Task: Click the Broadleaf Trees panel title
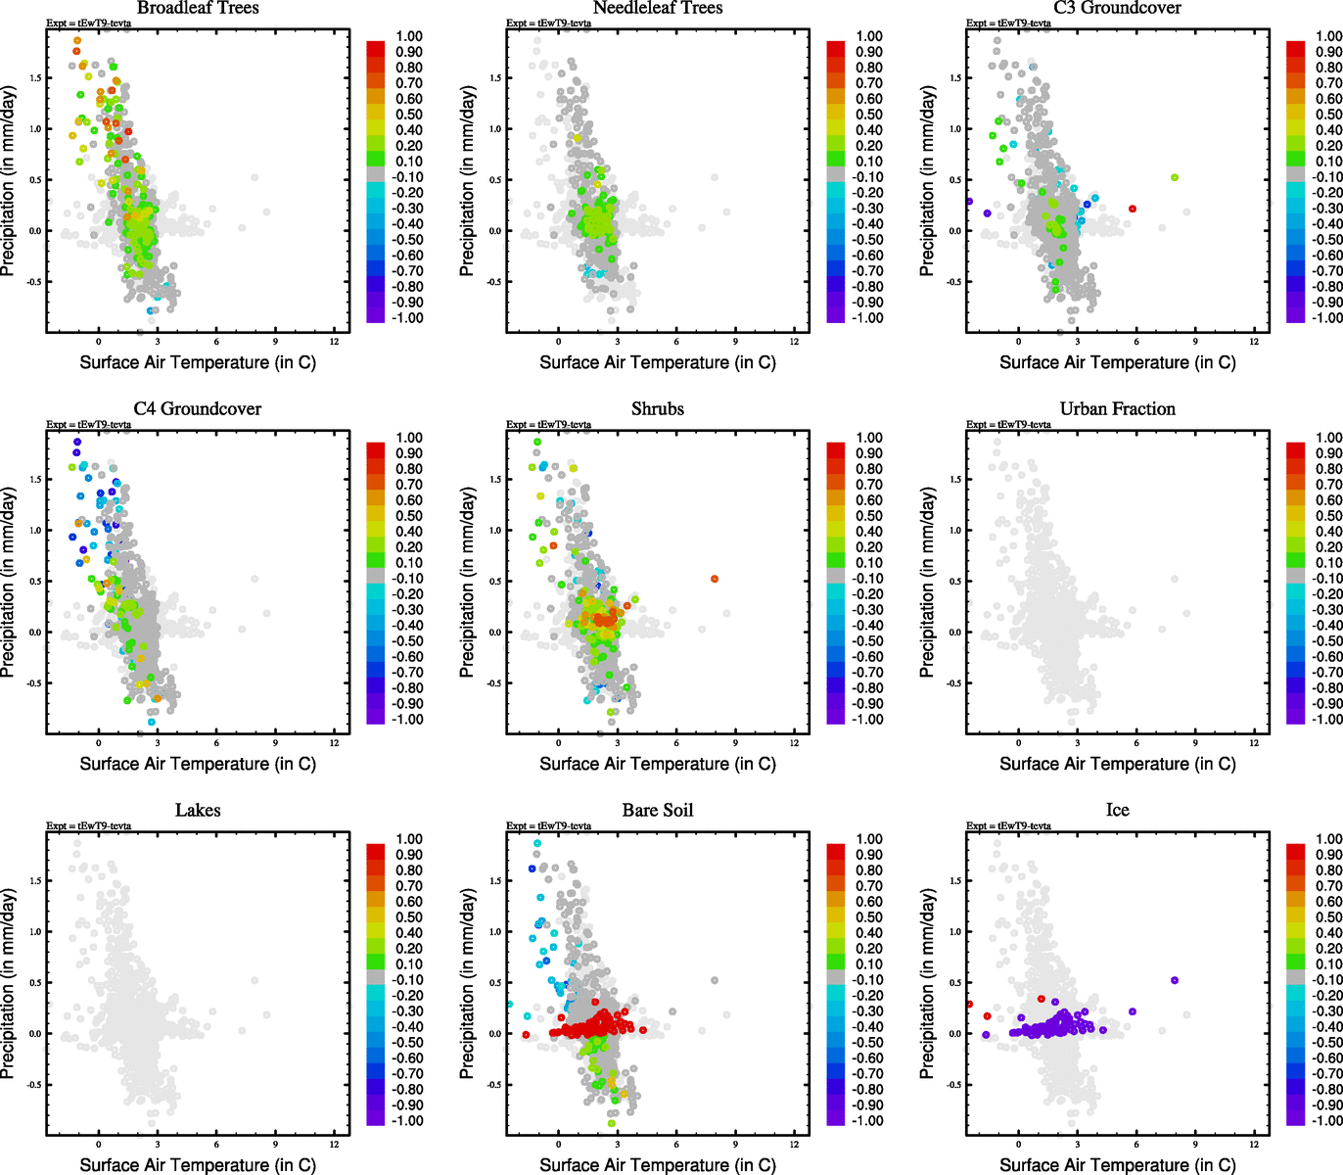pos(198,8)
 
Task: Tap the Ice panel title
pos(1117,810)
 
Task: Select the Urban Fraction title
pos(1117,408)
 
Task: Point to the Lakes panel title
pos(198,810)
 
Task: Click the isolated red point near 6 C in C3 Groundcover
pos(1133,209)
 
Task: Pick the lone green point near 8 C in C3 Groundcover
pos(1174,177)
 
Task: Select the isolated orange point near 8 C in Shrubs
pos(715,579)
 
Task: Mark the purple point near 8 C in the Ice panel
pos(1174,980)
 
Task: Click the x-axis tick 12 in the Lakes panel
pos(335,1144)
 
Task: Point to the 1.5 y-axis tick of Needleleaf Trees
pos(495,78)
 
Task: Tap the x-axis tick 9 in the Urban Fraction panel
pos(1195,742)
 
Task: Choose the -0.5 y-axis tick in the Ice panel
pos(953,1085)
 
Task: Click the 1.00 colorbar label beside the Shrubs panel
pos(869,438)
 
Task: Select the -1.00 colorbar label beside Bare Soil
pos(867,1120)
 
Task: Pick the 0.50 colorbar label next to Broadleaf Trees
pos(409,115)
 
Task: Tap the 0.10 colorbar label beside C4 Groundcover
pos(409,563)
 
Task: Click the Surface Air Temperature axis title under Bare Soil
pos(658,1165)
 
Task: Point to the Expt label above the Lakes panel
pos(88,825)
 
